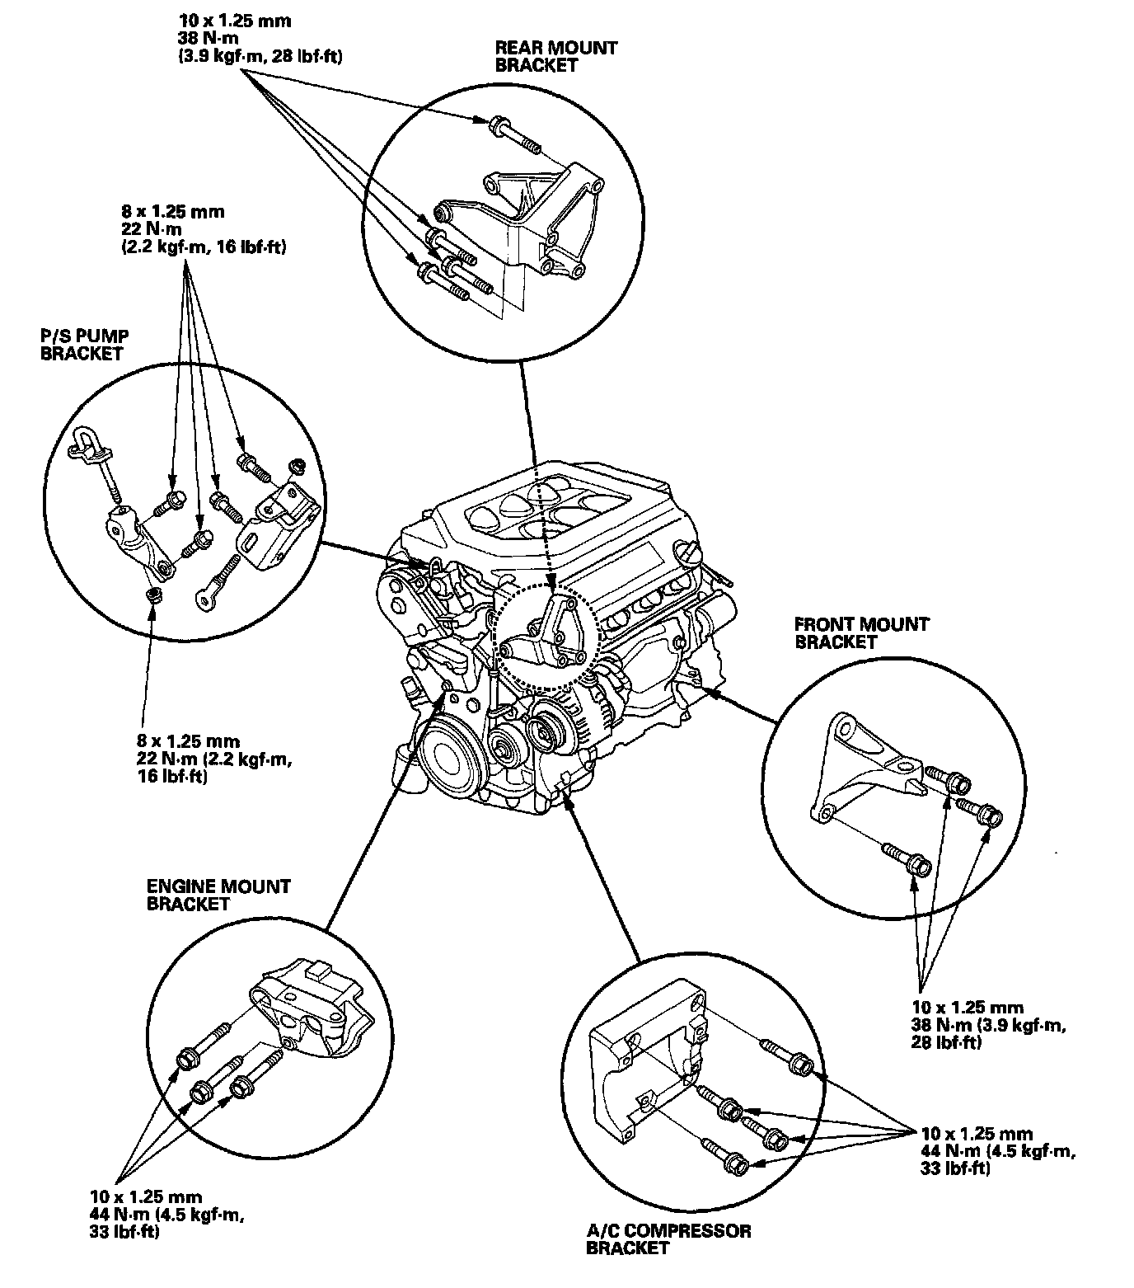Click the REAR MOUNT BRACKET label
[x=555, y=56]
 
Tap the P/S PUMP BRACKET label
[x=82, y=345]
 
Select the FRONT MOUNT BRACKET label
[x=861, y=632]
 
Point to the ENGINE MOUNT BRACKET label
[x=218, y=895]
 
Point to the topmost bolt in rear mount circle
[x=511, y=135]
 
